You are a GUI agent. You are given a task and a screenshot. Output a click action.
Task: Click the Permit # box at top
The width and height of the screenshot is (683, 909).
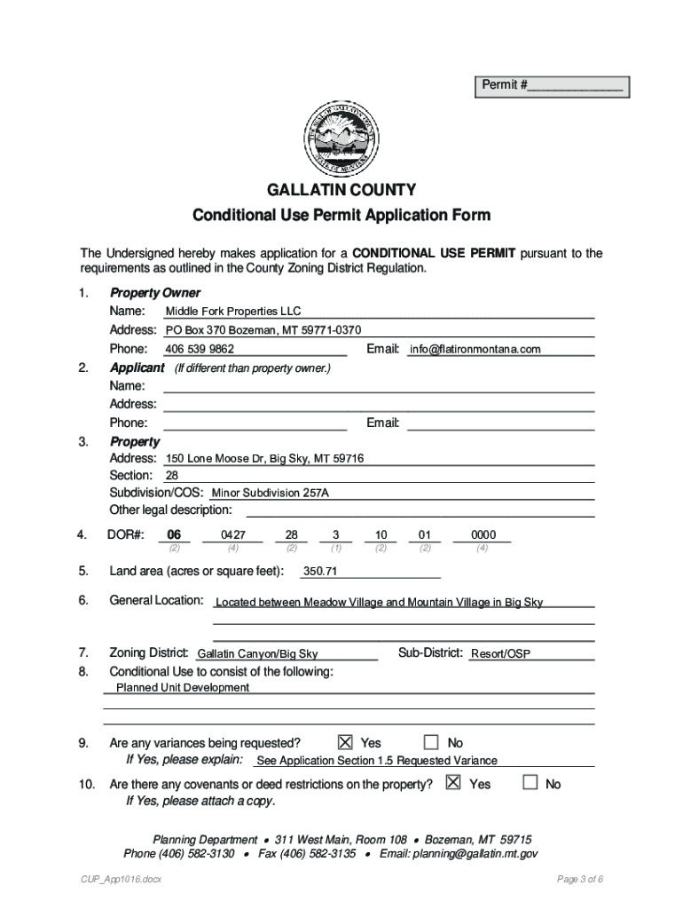551,86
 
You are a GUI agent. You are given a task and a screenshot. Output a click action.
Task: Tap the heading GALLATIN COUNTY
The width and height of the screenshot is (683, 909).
341,190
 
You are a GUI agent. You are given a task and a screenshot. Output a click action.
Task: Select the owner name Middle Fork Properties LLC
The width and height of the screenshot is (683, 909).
233,312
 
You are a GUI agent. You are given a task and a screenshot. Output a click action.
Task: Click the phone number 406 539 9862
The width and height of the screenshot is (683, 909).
200,350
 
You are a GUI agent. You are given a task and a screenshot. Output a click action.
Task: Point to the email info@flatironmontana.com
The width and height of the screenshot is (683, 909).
475,350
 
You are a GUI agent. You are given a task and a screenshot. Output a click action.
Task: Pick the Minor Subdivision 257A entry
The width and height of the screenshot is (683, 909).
270,493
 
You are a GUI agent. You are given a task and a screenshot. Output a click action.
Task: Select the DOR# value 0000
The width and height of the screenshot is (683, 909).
483,535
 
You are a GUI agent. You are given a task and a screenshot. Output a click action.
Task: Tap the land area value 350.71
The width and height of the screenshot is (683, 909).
320,572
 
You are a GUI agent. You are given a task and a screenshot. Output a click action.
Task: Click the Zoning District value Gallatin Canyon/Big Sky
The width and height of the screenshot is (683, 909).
257,654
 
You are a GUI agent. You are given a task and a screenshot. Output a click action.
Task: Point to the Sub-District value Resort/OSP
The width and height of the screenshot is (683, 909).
500,654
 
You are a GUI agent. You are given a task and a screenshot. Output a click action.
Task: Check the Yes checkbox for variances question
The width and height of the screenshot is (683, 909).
346,742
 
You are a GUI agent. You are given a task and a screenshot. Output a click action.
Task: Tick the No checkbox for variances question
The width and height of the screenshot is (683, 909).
431,742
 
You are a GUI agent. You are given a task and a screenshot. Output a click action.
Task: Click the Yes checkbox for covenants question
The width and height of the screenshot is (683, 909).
453,783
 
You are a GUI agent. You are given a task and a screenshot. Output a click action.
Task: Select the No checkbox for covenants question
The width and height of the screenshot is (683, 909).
530,783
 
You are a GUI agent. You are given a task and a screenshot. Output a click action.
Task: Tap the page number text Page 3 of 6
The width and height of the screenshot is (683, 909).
580,880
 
